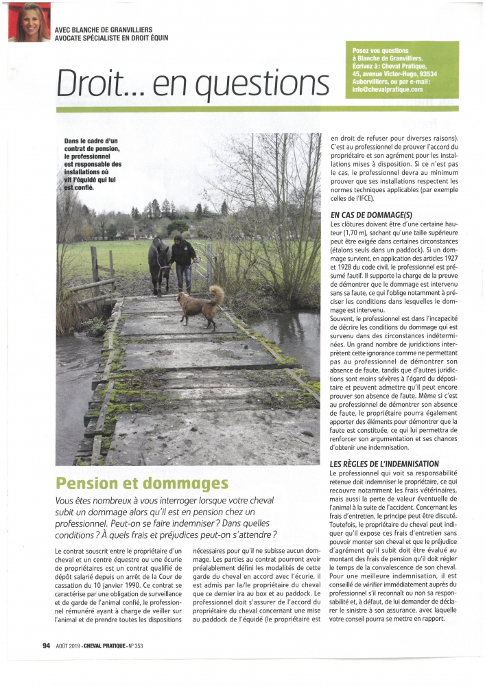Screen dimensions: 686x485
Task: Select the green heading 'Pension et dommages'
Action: tap(141, 484)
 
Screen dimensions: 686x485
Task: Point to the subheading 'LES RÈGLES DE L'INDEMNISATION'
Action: tap(384, 464)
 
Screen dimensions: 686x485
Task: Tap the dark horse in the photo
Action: tap(158, 259)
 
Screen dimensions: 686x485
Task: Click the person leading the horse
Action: tap(183, 262)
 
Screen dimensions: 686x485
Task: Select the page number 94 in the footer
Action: tap(47, 645)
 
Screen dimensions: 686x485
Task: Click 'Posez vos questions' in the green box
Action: tap(379, 51)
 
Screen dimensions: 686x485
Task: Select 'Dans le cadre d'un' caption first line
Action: tap(90, 141)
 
